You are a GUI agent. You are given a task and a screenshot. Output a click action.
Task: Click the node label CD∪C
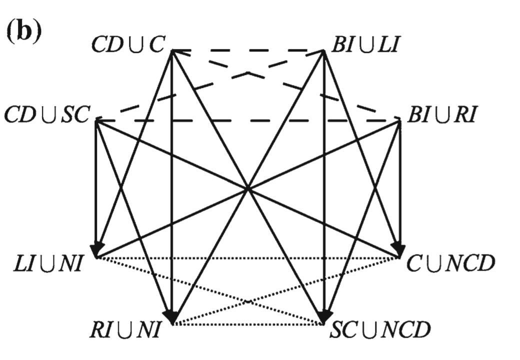tap(128, 45)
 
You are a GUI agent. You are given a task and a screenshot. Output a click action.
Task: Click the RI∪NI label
tap(125, 330)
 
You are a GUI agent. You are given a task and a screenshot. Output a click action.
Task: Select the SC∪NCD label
tap(380, 330)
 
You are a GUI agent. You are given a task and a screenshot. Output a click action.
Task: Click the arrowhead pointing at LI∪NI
tap(96, 248)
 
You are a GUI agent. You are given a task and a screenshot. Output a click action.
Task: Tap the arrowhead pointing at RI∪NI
tap(171, 316)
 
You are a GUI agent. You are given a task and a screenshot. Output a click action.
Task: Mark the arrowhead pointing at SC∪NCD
tap(324, 316)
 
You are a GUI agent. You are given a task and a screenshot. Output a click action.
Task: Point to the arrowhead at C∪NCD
tap(398, 248)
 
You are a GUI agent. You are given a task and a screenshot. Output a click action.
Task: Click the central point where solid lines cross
tap(247, 188)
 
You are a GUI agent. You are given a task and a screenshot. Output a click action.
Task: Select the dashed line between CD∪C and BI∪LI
tap(247, 50)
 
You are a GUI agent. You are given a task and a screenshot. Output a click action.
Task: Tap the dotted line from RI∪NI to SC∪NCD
tap(247, 325)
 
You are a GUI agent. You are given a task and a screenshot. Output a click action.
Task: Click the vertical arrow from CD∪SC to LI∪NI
tap(95, 190)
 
